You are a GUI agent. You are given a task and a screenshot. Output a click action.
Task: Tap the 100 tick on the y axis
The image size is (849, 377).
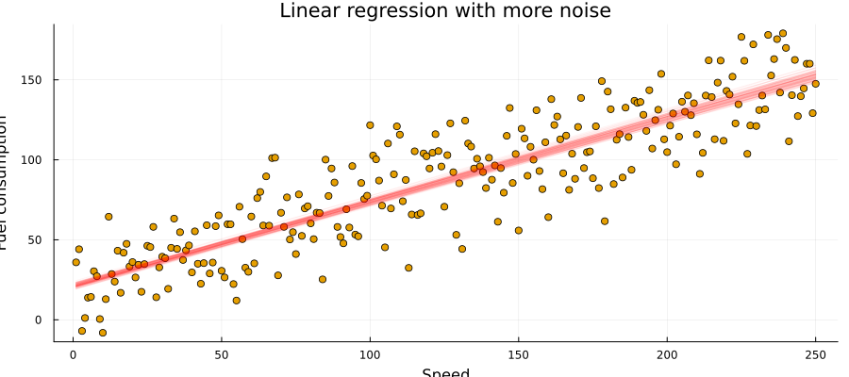(x=34, y=160)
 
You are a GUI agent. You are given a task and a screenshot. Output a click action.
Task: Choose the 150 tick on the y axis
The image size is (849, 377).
(x=34, y=80)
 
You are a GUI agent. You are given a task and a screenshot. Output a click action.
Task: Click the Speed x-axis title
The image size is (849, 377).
(x=444, y=372)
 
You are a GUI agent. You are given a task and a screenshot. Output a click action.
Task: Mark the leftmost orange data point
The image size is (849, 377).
(x=75, y=262)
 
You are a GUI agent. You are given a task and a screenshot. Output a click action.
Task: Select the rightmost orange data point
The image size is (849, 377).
(x=815, y=84)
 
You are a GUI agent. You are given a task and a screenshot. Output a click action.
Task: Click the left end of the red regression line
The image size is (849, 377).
(x=75, y=285)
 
